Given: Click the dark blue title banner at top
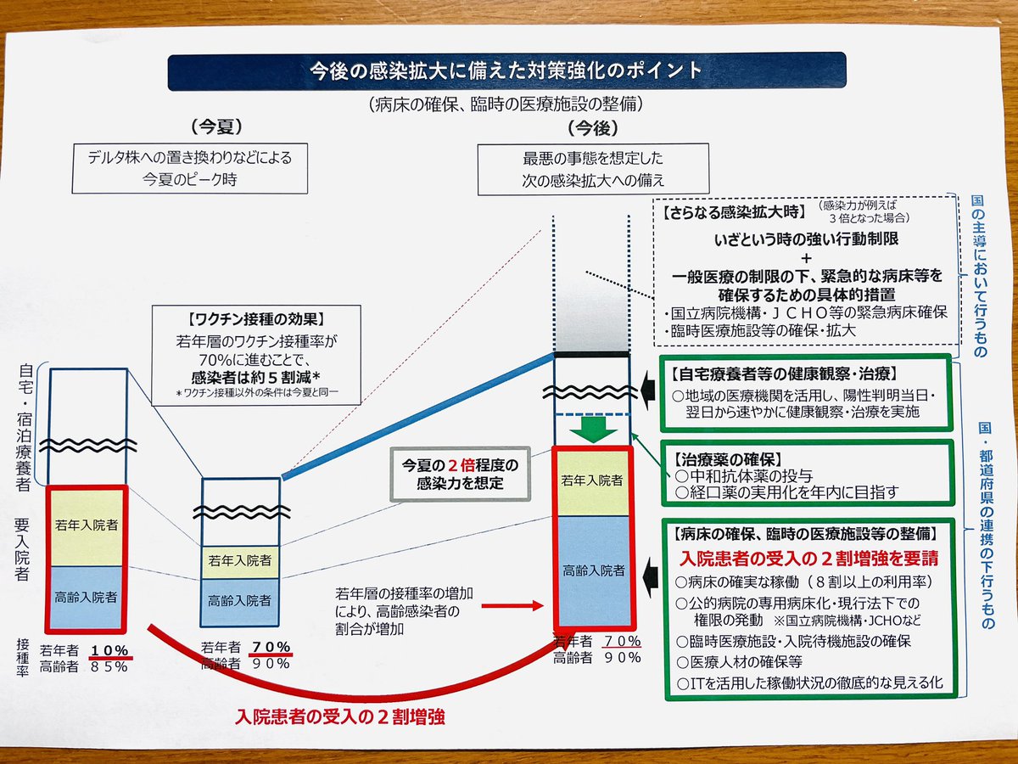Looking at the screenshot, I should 506,71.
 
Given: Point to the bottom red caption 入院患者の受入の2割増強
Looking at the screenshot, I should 340,716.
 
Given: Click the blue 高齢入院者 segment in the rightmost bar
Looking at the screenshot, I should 593,570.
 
